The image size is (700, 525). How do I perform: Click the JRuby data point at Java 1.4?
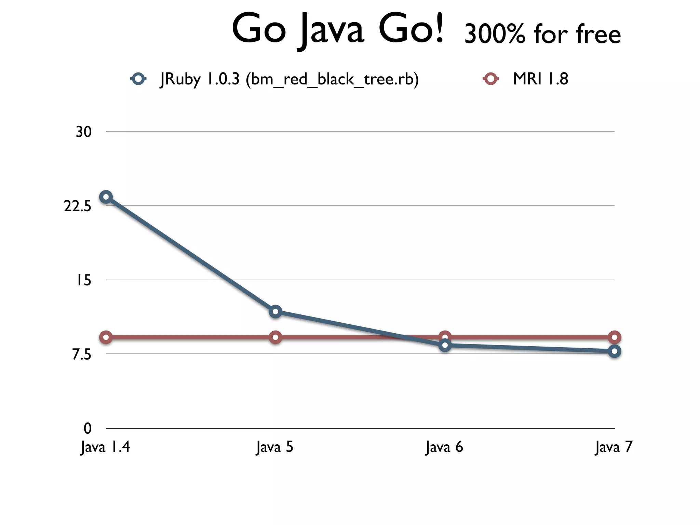(x=106, y=197)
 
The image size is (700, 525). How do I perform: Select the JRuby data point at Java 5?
(x=275, y=311)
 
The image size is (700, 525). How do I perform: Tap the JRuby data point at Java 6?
(x=445, y=345)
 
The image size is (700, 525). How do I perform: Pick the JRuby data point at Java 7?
(x=614, y=351)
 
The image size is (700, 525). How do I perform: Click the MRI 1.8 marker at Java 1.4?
(x=106, y=338)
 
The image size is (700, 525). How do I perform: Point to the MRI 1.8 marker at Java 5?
(x=275, y=338)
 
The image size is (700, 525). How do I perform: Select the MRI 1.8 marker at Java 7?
(x=614, y=337)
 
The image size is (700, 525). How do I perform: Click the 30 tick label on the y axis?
(x=83, y=132)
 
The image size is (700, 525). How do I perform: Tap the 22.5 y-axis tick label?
(x=78, y=206)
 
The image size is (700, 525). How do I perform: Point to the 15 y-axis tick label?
(x=83, y=280)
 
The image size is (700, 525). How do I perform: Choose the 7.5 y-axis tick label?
(x=82, y=355)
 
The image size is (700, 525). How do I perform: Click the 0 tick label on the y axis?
(x=87, y=428)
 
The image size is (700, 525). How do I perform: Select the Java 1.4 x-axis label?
(x=105, y=447)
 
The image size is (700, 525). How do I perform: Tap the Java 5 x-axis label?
(x=275, y=447)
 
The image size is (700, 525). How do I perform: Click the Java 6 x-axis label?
(x=444, y=447)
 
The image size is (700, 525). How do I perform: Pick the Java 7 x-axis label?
(x=614, y=447)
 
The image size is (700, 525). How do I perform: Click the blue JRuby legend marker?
(x=138, y=79)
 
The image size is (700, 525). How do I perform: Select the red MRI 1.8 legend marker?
(x=491, y=79)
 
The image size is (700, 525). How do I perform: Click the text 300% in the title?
(x=495, y=34)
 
